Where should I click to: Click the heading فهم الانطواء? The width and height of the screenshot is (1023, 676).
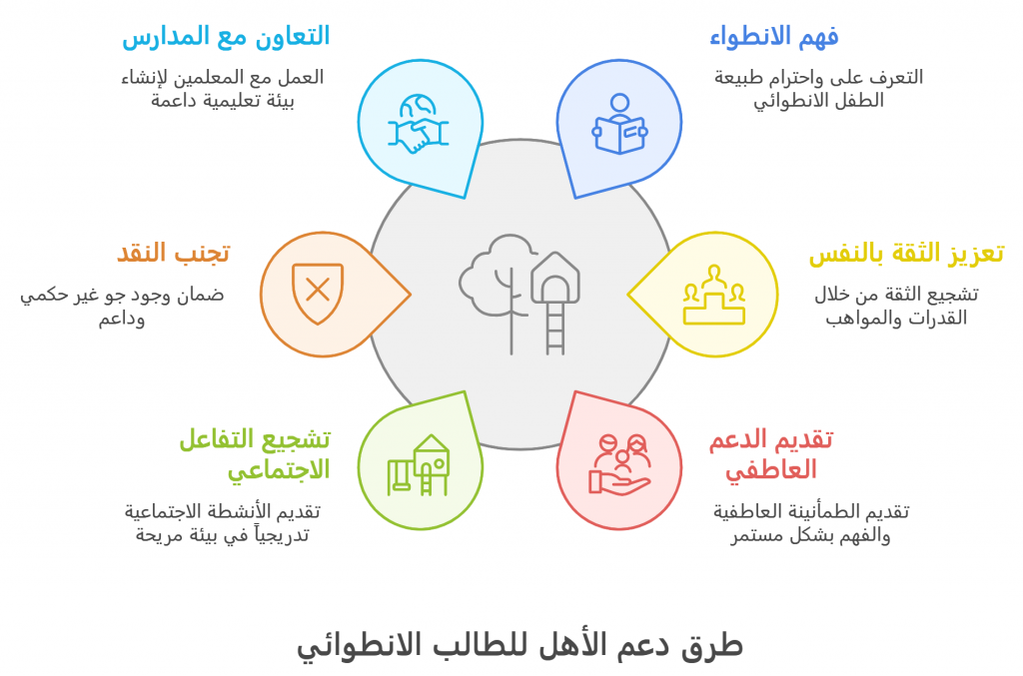point(774,37)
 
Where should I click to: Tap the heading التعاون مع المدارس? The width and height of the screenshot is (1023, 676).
point(226,37)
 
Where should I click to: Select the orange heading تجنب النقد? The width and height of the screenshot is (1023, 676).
point(174,254)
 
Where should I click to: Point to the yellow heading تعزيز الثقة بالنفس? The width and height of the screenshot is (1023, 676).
point(906,254)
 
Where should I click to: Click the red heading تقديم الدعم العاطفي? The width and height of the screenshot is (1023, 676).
point(771,454)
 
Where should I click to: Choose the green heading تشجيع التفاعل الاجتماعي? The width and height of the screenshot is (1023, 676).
point(255,454)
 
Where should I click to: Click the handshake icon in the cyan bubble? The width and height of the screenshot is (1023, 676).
point(419,124)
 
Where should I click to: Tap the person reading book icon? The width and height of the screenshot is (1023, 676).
point(619,124)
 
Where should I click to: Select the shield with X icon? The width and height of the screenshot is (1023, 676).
point(318,294)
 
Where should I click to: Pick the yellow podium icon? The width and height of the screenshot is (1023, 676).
point(714,295)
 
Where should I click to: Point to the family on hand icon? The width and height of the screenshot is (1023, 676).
point(619,464)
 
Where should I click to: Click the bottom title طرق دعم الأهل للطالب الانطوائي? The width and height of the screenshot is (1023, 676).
point(519,646)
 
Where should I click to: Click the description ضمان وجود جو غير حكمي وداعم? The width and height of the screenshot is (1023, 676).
point(122,307)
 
